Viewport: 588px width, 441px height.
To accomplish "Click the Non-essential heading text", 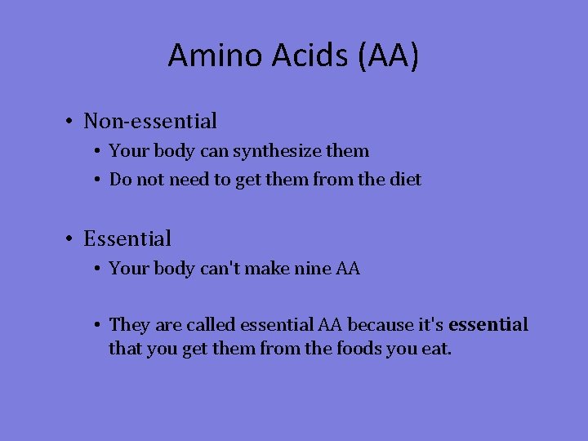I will click(150, 122).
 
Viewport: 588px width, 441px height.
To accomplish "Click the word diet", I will click(406, 179).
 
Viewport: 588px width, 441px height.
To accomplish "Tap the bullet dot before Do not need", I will click(96, 180).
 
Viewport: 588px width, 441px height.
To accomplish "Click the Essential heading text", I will click(127, 239).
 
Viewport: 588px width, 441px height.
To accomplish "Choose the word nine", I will click(312, 268).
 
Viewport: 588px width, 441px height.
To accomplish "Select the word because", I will click(380, 325).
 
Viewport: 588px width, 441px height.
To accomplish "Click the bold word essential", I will click(488, 325).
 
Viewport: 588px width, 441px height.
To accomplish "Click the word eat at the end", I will click(437, 350).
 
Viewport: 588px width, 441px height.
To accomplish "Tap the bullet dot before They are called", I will click(96, 326).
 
